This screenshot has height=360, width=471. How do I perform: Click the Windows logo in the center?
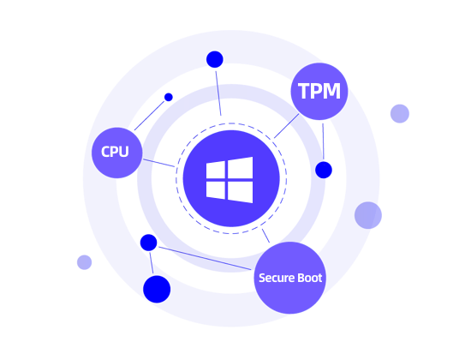tap(230, 180)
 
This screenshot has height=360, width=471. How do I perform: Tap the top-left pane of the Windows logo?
tap(218, 169)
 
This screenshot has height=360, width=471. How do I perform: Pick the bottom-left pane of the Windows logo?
tap(218, 190)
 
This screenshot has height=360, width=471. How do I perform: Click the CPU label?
tap(115, 152)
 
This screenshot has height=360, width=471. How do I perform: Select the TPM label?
tap(319, 90)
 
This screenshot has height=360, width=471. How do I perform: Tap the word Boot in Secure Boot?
tap(309, 279)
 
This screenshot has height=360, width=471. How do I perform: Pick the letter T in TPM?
tap(303, 90)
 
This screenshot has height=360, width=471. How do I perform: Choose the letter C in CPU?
tap(105, 152)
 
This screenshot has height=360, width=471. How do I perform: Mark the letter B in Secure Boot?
tap(300, 279)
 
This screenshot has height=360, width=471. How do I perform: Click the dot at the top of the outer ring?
tap(214, 60)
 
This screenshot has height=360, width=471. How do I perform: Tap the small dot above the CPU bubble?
tap(169, 97)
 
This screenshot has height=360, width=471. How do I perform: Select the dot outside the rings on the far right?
tap(399, 113)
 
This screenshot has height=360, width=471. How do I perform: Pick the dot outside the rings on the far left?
tap(84, 262)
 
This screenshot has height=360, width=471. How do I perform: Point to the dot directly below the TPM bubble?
tap(324, 170)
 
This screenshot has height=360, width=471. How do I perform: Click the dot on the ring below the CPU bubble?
tap(148, 243)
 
